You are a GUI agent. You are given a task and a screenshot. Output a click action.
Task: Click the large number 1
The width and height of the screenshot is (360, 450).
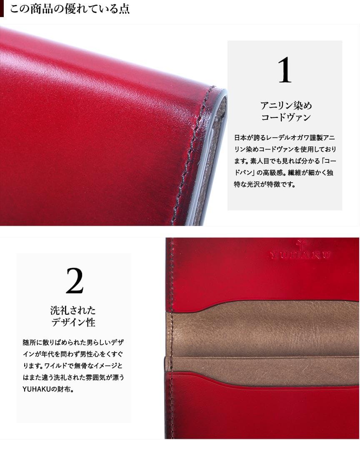[x=285, y=70]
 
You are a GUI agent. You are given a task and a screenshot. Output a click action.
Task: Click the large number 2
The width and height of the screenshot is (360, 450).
[x=75, y=281]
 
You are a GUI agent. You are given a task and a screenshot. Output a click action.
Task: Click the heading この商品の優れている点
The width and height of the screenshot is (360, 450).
[x=70, y=9]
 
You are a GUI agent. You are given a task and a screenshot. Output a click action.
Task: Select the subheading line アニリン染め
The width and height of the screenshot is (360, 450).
[x=286, y=106]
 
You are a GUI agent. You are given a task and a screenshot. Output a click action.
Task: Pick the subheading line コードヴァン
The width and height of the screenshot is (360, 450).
[x=286, y=117]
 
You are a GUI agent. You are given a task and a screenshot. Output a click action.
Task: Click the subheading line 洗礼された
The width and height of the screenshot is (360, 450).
[x=73, y=310]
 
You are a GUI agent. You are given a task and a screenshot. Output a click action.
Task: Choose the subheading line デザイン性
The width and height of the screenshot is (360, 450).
[x=73, y=322]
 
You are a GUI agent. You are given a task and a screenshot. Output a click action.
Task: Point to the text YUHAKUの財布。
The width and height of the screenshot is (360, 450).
[x=48, y=389]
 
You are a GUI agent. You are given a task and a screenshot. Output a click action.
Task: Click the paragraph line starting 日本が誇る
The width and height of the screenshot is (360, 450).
[x=285, y=137]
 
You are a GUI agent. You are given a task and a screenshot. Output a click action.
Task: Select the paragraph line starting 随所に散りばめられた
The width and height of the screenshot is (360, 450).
[x=73, y=342]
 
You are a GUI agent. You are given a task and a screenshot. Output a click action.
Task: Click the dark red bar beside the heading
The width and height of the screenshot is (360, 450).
[x=2, y=9]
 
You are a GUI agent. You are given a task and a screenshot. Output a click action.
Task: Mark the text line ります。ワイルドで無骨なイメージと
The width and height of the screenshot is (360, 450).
[x=72, y=366]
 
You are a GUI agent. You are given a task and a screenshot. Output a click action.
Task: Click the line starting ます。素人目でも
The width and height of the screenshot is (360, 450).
[x=285, y=161]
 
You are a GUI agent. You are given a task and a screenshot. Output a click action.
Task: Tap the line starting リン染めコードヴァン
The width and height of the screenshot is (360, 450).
[x=285, y=149]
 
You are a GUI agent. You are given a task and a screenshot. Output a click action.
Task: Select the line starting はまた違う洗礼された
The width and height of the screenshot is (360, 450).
[x=73, y=378]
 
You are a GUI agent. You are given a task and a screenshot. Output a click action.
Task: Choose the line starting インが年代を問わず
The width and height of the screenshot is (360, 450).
[x=73, y=354]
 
